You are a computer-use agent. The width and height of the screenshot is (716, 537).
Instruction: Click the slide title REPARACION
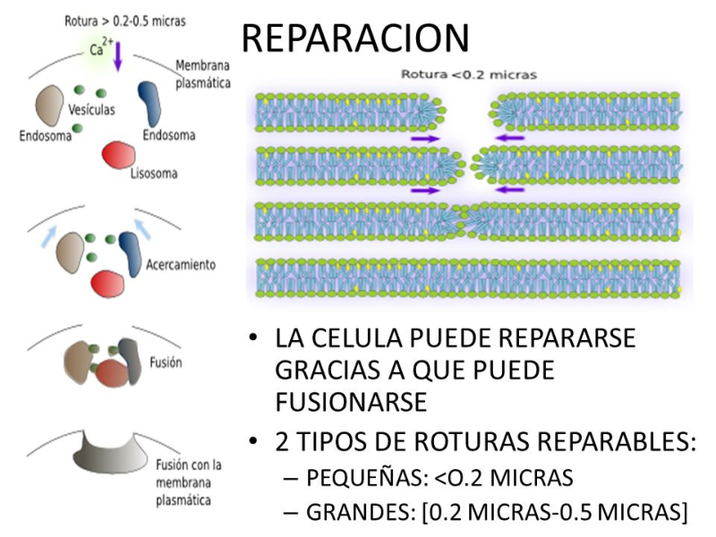click(355, 38)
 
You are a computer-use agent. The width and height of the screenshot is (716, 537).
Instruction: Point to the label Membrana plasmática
click(202, 74)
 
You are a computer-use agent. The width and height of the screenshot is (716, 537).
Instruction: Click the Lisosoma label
click(154, 173)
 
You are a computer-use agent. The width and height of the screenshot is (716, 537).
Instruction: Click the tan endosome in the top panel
click(49, 106)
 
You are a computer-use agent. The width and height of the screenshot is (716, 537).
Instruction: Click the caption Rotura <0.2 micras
click(468, 75)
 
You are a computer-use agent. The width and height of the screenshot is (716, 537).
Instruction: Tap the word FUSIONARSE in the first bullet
click(350, 402)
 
